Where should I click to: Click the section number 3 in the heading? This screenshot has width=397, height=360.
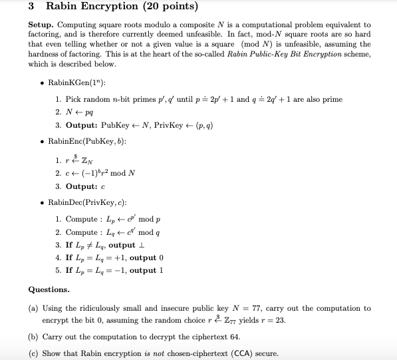31,7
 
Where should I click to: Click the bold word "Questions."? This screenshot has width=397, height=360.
49,290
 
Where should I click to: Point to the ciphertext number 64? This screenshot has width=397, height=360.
234,337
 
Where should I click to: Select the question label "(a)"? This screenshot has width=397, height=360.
33,309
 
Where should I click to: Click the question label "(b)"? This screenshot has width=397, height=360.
33,337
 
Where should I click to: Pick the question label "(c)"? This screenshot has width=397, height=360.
33,353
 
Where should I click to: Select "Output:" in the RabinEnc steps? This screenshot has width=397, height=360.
82,186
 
